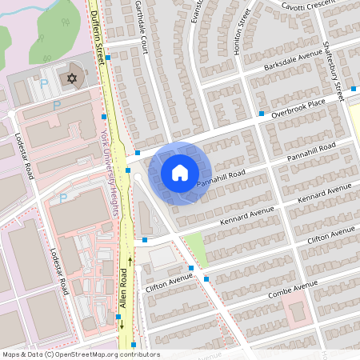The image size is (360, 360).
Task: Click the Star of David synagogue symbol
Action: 72,78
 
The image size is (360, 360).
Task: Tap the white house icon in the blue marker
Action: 180,172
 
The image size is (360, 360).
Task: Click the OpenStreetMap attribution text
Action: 80,354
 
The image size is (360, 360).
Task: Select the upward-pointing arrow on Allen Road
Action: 130,261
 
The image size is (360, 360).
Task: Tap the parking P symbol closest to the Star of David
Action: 45,82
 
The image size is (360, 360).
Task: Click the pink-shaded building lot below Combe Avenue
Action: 297,307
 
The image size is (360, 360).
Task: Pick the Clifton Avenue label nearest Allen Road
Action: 170,281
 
